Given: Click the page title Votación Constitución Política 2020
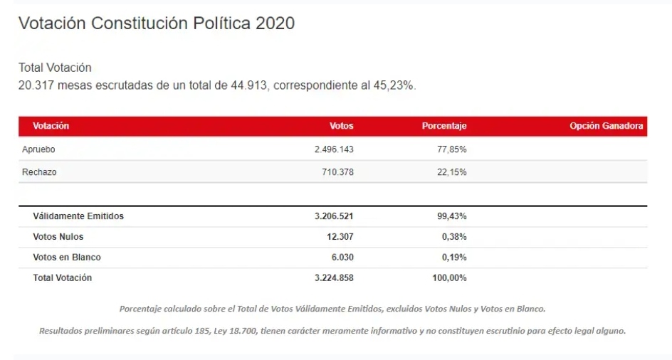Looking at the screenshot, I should tap(157, 23).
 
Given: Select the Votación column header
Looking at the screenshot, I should tap(51, 126).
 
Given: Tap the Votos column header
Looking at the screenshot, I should tap(341, 126).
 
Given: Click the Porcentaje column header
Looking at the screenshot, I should tap(444, 126).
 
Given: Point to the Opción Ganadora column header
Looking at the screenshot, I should tap(607, 126).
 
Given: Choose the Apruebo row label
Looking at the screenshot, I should tap(38, 149).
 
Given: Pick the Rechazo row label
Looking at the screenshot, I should tap(39, 172).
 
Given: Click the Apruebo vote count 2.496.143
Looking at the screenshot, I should tap(334, 149).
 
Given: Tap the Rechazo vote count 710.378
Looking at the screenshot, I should tap(337, 172).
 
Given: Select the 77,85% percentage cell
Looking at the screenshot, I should tap(452, 149).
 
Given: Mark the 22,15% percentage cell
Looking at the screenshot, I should tap(452, 172).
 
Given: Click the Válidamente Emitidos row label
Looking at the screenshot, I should tap(78, 216).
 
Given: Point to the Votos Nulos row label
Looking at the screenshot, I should tap(58, 237).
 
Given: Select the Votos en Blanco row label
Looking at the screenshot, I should tap(67, 258).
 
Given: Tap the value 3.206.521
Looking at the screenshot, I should tap(334, 216).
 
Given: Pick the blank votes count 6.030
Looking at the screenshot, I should tap(342, 258).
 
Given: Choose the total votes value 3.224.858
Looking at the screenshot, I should tap(334, 278).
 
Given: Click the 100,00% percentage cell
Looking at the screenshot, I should tap(449, 278).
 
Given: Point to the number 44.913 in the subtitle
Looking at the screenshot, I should tap(249, 85).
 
